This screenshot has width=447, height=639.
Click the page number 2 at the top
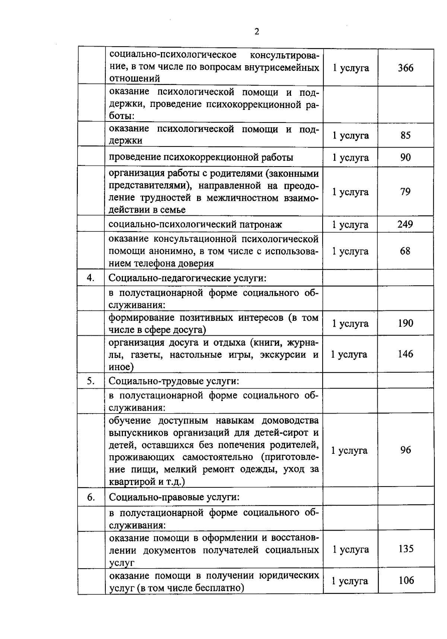click(257, 32)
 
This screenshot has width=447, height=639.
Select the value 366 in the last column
click(406, 68)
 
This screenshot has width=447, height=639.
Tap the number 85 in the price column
click(406, 135)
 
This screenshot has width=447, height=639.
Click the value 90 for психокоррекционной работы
click(406, 157)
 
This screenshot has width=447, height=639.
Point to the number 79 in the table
click(406, 192)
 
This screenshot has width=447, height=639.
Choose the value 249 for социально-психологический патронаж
click(405, 224)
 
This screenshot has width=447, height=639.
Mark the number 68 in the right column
click(405, 251)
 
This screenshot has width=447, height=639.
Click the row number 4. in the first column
click(91, 278)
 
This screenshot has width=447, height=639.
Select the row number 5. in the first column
click(91, 381)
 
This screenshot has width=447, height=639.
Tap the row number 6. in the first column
click(91, 497)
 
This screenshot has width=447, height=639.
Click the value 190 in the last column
click(405, 323)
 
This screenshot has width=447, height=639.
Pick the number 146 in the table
click(405, 354)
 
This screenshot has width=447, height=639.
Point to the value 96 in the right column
click(406, 450)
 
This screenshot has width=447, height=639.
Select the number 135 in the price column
click(406, 549)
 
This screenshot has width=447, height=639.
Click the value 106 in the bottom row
click(406, 580)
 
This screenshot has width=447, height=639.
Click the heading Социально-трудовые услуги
click(174, 381)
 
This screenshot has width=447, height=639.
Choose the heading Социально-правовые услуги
click(174, 497)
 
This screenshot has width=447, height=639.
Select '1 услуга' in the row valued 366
click(351, 68)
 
